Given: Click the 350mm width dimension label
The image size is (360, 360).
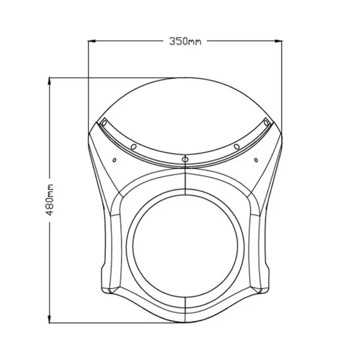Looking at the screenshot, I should pos(185,41).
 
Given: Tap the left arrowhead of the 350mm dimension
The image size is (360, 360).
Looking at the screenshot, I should pos(92,41).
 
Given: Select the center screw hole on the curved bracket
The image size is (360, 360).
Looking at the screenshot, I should pos(185,159).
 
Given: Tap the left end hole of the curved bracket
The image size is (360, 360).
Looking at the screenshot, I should pos(104,123).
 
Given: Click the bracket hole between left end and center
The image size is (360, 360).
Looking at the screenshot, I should pos(134,146).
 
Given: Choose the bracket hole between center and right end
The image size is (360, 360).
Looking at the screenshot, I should pos(236,146).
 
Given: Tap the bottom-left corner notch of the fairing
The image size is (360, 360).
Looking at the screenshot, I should pos(109,291).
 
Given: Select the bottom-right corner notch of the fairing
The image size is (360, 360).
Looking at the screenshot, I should pos(262,291).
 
